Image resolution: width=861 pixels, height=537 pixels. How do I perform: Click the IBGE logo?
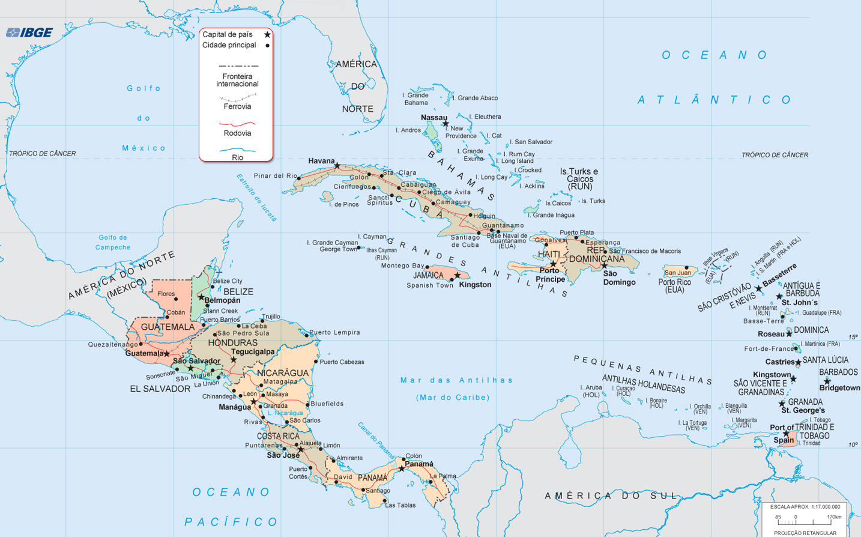(x=29, y=32)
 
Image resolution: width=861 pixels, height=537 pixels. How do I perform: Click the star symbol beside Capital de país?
(x=267, y=35)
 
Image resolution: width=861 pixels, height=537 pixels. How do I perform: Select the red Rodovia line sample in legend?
(x=237, y=123)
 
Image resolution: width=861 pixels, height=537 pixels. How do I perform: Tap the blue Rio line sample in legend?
(x=237, y=149)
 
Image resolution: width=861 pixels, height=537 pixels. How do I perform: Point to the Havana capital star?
(x=337, y=166)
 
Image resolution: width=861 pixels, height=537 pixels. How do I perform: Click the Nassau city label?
(x=434, y=118)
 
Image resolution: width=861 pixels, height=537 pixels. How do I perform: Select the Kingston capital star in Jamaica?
(x=458, y=276)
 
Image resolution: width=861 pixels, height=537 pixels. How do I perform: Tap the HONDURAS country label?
(x=232, y=343)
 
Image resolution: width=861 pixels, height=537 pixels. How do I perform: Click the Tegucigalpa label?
(x=253, y=352)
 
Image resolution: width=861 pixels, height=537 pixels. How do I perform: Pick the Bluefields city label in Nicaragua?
(x=327, y=404)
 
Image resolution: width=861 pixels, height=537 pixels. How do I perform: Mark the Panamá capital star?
(x=402, y=469)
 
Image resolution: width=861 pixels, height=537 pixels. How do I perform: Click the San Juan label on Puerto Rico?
(x=677, y=273)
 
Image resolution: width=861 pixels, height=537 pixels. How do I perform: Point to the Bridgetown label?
(x=839, y=388)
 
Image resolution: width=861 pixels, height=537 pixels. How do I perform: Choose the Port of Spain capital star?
(x=786, y=434)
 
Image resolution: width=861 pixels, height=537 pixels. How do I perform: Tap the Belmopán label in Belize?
(x=222, y=300)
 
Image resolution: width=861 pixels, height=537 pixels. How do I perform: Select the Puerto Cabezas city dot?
(x=316, y=362)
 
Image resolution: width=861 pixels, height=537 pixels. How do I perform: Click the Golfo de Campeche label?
(x=113, y=243)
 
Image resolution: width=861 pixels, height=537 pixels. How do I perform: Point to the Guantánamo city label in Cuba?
(x=503, y=225)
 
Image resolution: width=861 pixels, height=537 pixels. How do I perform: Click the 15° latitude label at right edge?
(x=853, y=337)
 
